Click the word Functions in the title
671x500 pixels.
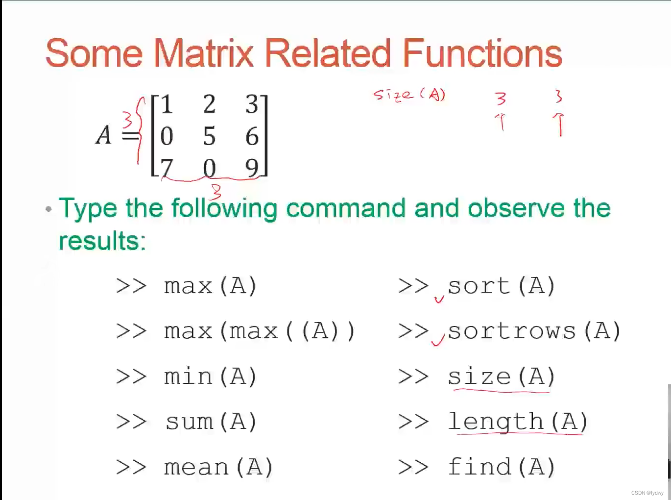(x=482, y=53)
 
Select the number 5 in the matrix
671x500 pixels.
(x=209, y=136)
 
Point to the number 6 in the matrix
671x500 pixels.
(x=252, y=136)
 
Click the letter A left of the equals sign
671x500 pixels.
(x=103, y=135)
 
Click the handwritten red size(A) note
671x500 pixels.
(x=409, y=94)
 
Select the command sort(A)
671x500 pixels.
(x=501, y=286)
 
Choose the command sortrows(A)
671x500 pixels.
(x=534, y=331)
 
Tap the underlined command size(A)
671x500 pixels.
(x=501, y=376)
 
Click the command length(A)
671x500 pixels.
(x=517, y=422)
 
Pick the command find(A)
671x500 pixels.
(x=501, y=467)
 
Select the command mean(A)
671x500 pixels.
(x=218, y=467)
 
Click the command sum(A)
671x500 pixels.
(x=211, y=422)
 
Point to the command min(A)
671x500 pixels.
(x=210, y=376)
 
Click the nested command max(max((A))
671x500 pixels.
(x=259, y=331)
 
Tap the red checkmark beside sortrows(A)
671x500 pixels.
(x=437, y=339)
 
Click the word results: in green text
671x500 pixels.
(x=102, y=241)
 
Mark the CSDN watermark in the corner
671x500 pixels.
(x=647, y=493)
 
